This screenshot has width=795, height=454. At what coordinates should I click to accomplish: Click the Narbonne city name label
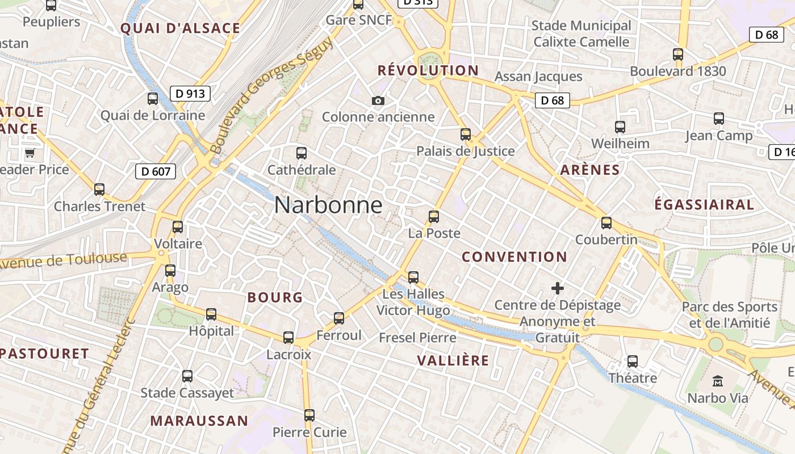coord(328,205)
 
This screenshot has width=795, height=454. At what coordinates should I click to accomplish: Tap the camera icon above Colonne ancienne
coord(378,101)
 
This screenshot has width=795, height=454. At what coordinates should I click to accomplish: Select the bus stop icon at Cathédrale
coord(302,153)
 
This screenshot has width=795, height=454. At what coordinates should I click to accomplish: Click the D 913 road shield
coord(190,94)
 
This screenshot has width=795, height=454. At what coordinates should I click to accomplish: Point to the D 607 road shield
coord(156,171)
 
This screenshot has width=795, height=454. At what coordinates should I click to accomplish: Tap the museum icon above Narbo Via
coord(718,381)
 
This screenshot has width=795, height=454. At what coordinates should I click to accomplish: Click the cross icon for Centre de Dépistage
coord(558,288)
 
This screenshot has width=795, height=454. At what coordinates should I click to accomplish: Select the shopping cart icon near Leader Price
coord(30,153)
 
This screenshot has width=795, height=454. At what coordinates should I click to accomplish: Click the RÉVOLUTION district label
coord(428,70)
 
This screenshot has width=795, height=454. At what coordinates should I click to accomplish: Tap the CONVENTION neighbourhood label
coord(514,257)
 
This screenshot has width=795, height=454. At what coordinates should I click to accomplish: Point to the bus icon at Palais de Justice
coord(466,134)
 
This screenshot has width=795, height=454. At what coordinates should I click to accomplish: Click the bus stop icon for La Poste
coord(434,217)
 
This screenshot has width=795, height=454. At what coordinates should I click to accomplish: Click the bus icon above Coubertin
coord(606,223)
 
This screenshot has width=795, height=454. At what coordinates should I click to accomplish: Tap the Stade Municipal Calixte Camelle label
coord(581,33)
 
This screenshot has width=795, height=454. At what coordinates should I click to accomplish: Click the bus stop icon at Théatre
coord(633,361)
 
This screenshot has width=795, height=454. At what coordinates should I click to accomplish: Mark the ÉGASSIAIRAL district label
coord(704,204)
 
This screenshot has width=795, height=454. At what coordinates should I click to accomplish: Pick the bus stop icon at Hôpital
coord(211,314)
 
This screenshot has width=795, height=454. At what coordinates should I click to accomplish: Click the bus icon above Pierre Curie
coord(309,415)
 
